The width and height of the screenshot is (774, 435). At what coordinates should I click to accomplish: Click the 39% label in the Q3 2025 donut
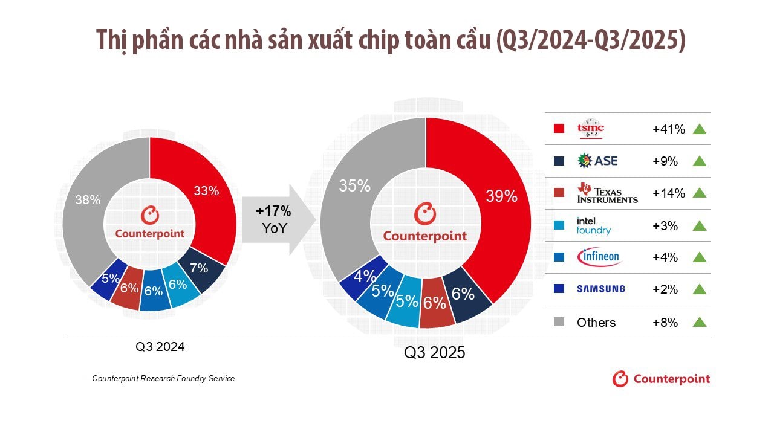pos(502,196)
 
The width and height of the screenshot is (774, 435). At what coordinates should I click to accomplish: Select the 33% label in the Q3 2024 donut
pos(206,191)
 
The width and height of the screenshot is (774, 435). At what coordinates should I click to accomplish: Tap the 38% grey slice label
pos(88,199)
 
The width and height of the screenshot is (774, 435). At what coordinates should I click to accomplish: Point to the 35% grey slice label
pos(354,185)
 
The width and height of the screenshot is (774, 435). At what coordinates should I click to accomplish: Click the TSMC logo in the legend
pos(590,129)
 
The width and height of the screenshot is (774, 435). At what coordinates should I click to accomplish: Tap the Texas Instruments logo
pos(607,193)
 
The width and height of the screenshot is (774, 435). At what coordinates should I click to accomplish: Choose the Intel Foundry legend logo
pos(593,225)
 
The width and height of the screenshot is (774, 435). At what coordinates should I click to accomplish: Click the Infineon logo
pos(599,257)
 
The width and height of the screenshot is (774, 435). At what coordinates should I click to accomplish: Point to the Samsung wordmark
pos(600,289)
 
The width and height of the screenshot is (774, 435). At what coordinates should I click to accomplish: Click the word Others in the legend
pos(596,322)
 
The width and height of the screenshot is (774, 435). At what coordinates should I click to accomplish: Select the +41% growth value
pos(669,129)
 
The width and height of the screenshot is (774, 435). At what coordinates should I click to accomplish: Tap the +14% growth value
pos(669,193)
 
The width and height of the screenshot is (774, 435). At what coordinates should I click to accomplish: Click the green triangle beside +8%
pos(700,322)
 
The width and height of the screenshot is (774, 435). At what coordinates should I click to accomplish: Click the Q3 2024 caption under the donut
pos(160,347)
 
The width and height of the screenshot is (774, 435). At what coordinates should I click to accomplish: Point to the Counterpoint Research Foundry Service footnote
pos(163,378)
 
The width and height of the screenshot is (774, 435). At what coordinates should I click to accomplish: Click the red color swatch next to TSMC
pos(559,129)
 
